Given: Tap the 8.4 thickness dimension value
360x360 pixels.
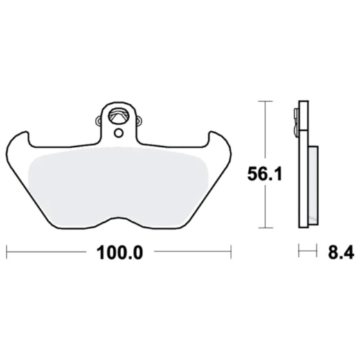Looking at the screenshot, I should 339,253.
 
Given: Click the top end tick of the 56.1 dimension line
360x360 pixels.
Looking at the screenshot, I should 263,101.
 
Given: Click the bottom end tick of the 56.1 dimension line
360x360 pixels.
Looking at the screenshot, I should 263,228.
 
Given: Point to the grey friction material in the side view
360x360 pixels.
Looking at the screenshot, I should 313,183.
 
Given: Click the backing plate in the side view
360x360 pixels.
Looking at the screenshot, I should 303,173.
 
